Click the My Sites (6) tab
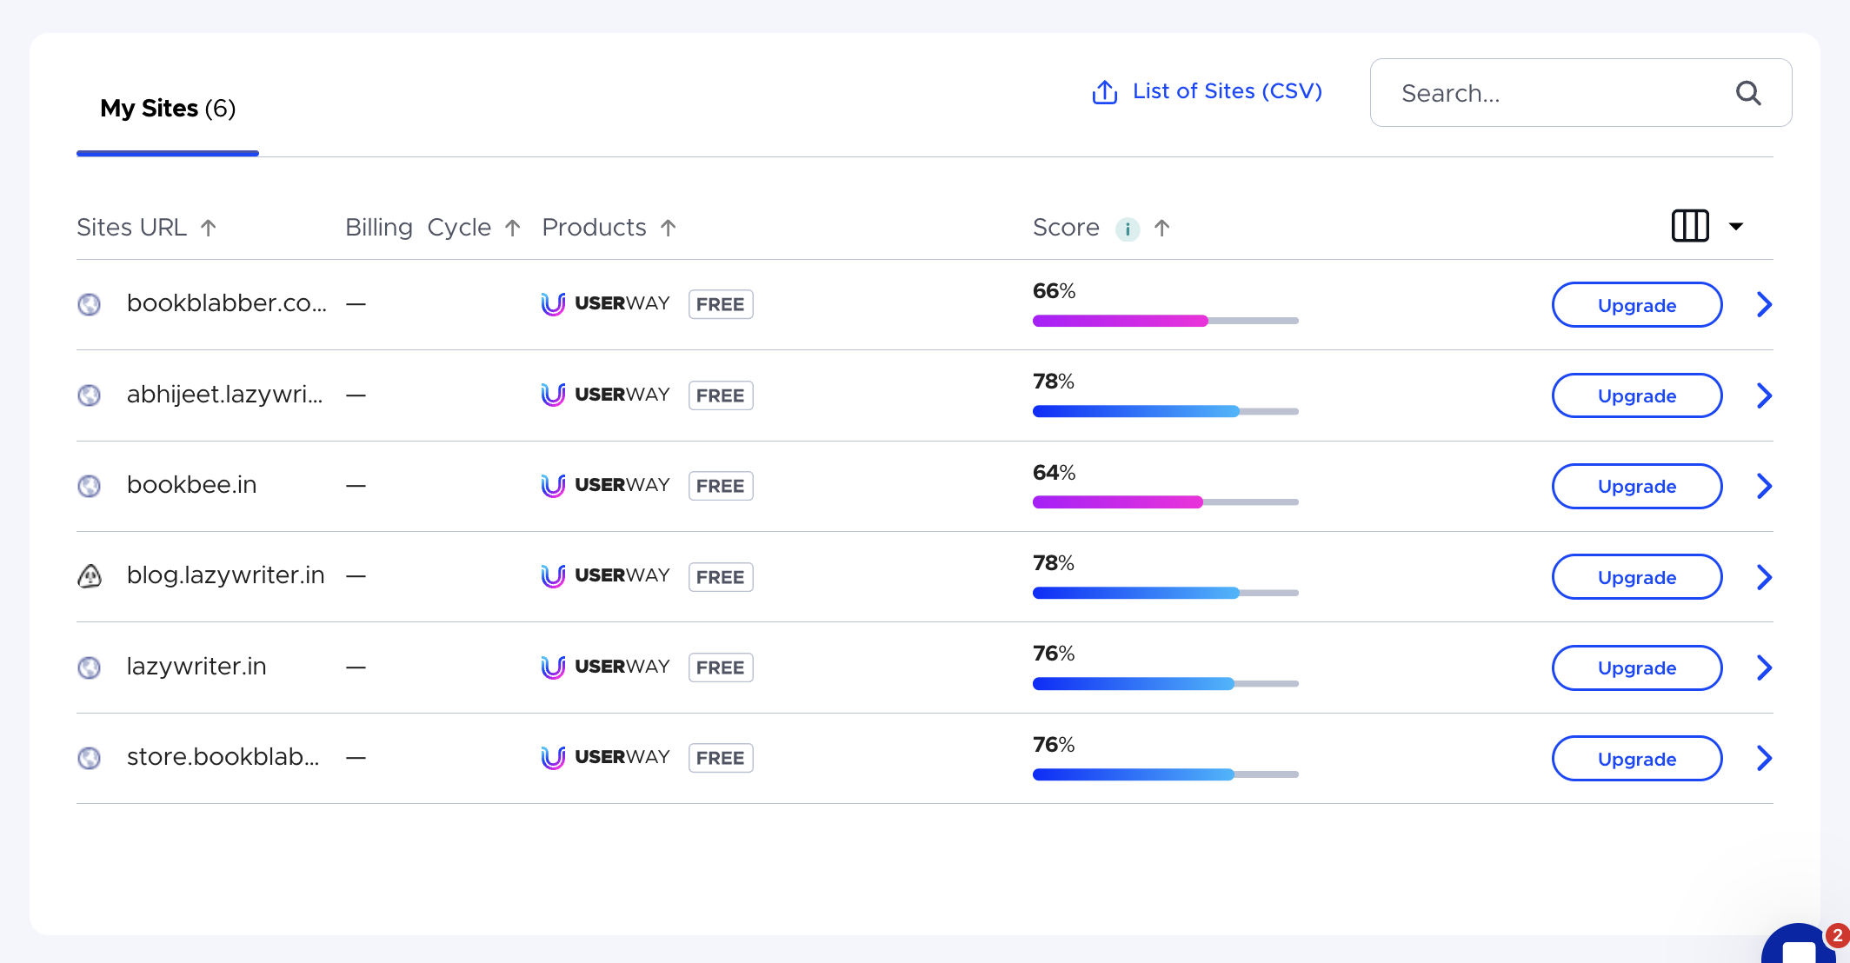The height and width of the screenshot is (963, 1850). pos(168,109)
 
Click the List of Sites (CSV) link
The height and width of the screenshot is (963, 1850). pos(1227,91)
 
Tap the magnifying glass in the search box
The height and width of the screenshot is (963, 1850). pos(1748,93)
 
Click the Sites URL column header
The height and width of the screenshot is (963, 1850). pos(132,228)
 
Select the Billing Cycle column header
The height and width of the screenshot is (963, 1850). pos(418,228)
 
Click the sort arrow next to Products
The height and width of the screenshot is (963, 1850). pos(668,228)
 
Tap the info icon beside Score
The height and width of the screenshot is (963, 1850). pos(1127,229)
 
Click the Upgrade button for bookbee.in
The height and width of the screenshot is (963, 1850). pos(1636,486)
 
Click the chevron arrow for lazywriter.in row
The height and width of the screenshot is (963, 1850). pos(1764,667)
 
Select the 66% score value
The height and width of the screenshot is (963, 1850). pos(1054,291)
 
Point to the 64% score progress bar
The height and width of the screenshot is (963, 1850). pos(1164,501)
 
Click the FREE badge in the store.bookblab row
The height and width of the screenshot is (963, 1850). pos(720,758)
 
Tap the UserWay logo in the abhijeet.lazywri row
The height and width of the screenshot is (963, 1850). pos(605,395)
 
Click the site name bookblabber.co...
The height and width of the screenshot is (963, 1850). pos(226,303)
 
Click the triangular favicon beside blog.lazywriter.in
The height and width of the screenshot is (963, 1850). pos(90,576)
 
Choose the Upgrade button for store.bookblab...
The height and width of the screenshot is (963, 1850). pos(1636,759)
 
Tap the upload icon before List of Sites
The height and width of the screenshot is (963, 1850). pos(1104,92)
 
